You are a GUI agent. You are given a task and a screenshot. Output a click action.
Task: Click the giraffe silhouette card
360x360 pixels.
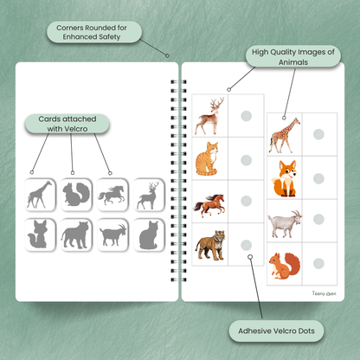[40, 195]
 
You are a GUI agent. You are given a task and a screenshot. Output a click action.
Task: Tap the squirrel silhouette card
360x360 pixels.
[76, 195]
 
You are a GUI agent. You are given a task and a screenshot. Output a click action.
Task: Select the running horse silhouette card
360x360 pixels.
[112, 195]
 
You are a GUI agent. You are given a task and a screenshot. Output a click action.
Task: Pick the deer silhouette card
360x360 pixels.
[149, 195]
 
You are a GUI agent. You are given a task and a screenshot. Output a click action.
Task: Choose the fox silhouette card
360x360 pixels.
[40, 235]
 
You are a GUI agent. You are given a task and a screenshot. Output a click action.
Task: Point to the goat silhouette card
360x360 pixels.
[112, 235]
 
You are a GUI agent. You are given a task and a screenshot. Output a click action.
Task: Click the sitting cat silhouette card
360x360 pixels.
[149, 235]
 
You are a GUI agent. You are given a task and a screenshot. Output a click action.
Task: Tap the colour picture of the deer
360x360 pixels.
[209, 116]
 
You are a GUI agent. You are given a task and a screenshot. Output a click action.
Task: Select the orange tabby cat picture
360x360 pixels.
[207, 158]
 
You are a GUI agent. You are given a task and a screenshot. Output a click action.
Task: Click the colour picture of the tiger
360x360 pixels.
[210, 245]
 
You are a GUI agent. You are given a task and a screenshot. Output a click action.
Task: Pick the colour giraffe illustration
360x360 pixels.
[285, 135]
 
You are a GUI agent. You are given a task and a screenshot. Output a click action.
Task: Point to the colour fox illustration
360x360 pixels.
[284, 178]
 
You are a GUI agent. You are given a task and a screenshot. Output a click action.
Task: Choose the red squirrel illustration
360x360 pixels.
[285, 266]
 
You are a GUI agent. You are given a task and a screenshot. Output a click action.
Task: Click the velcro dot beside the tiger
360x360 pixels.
[247, 245]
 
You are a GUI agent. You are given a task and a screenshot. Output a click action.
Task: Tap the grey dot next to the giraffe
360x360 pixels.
[318, 134]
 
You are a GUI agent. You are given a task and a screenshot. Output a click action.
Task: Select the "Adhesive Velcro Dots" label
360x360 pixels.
[276, 331]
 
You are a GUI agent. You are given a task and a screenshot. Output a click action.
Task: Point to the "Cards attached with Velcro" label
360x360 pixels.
[67, 124]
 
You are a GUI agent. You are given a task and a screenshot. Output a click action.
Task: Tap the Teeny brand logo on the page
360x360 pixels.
[324, 293]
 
